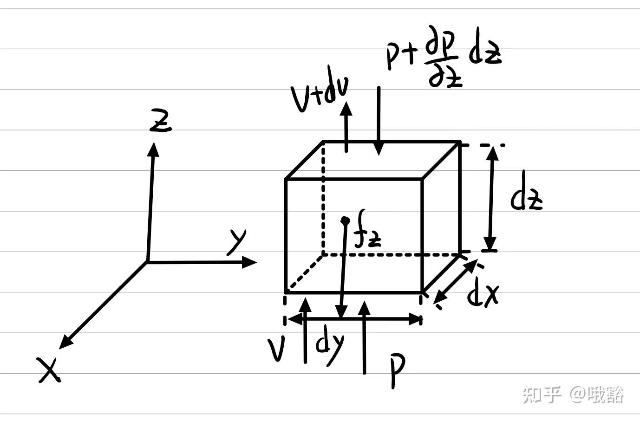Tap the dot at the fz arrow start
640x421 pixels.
pos(345,220)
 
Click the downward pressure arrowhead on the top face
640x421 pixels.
pos(379,149)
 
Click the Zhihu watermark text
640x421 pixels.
pos(573,395)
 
